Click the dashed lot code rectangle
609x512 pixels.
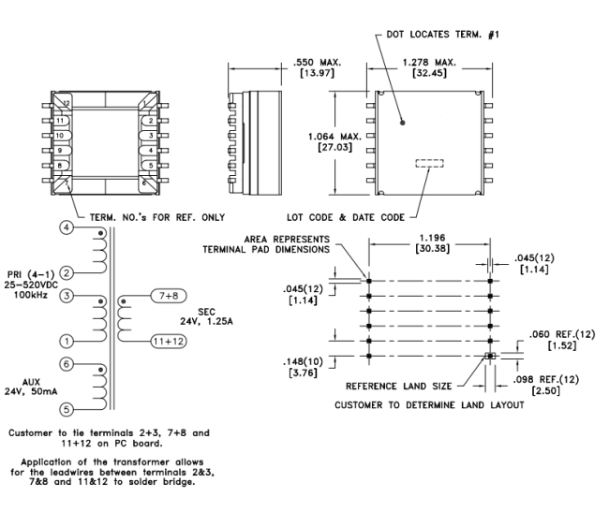click(x=429, y=164)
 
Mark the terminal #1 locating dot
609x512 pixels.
click(x=401, y=121)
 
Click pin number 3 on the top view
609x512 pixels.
click(x=149, y=135)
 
